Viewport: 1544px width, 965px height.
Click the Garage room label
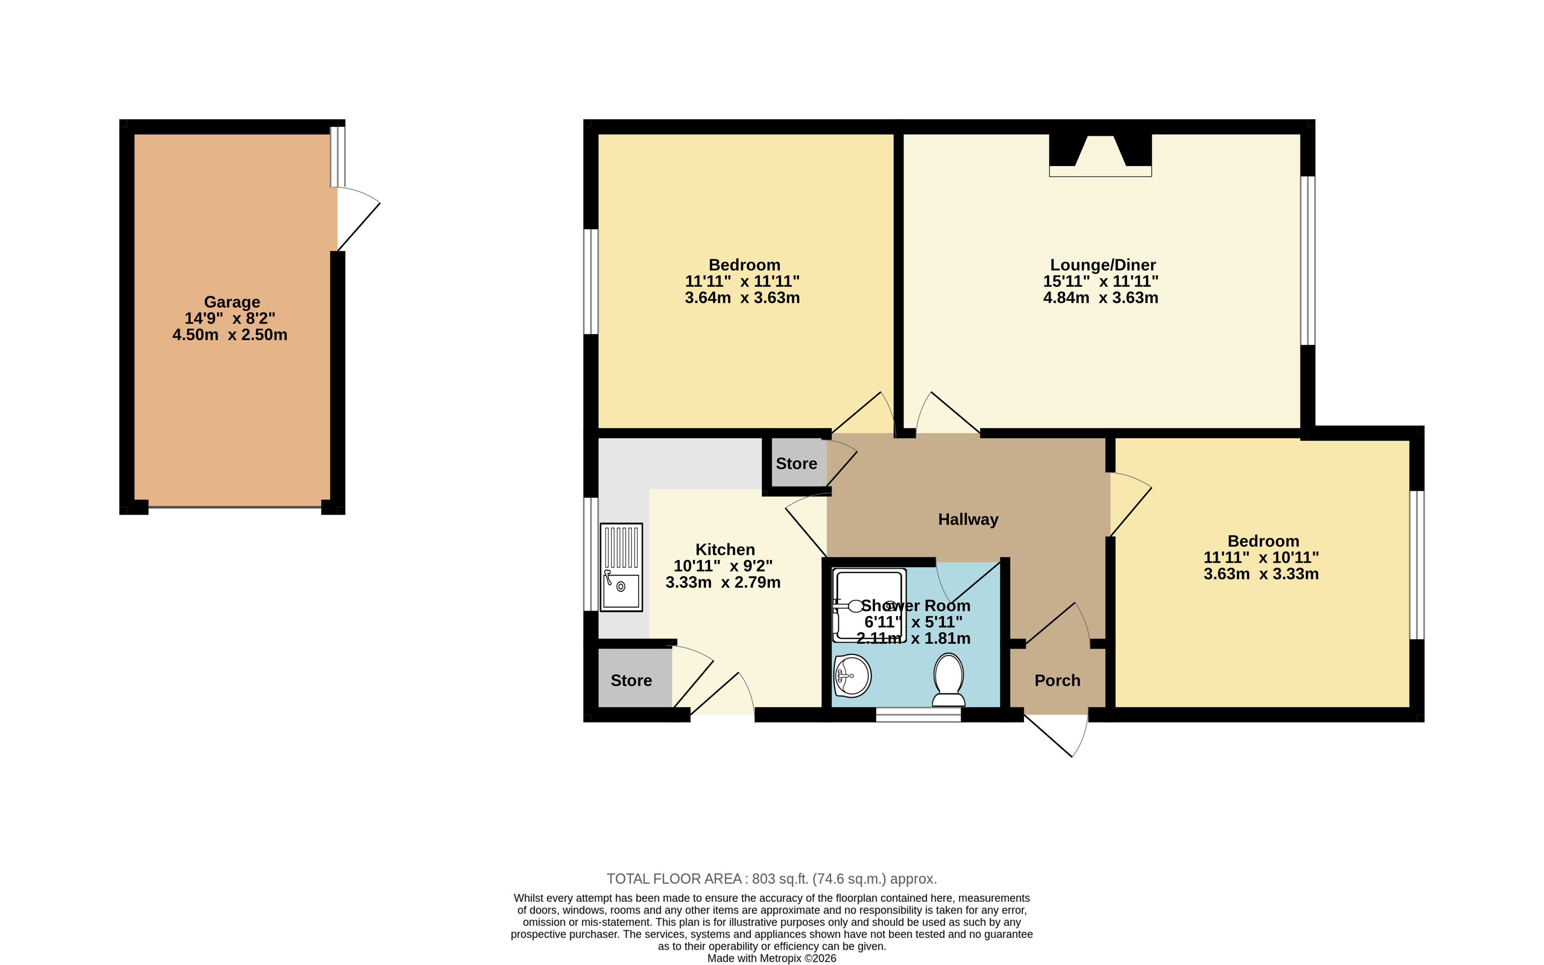point(232,302)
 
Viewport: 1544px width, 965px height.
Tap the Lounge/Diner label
point(1103,265)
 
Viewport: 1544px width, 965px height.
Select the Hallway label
point(968,519)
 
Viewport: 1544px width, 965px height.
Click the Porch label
point(1057,680)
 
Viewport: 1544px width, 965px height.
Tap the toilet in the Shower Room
point(948,681)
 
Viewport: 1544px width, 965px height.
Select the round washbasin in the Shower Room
point(852,676)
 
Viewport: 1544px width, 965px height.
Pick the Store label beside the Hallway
point(796,464)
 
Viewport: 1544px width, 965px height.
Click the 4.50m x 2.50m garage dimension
point(230,335)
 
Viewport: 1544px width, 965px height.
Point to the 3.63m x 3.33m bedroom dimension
point(1260,574)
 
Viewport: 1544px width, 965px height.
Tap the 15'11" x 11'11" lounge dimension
point(1100,281)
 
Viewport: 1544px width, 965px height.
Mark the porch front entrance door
point(1056,734)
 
